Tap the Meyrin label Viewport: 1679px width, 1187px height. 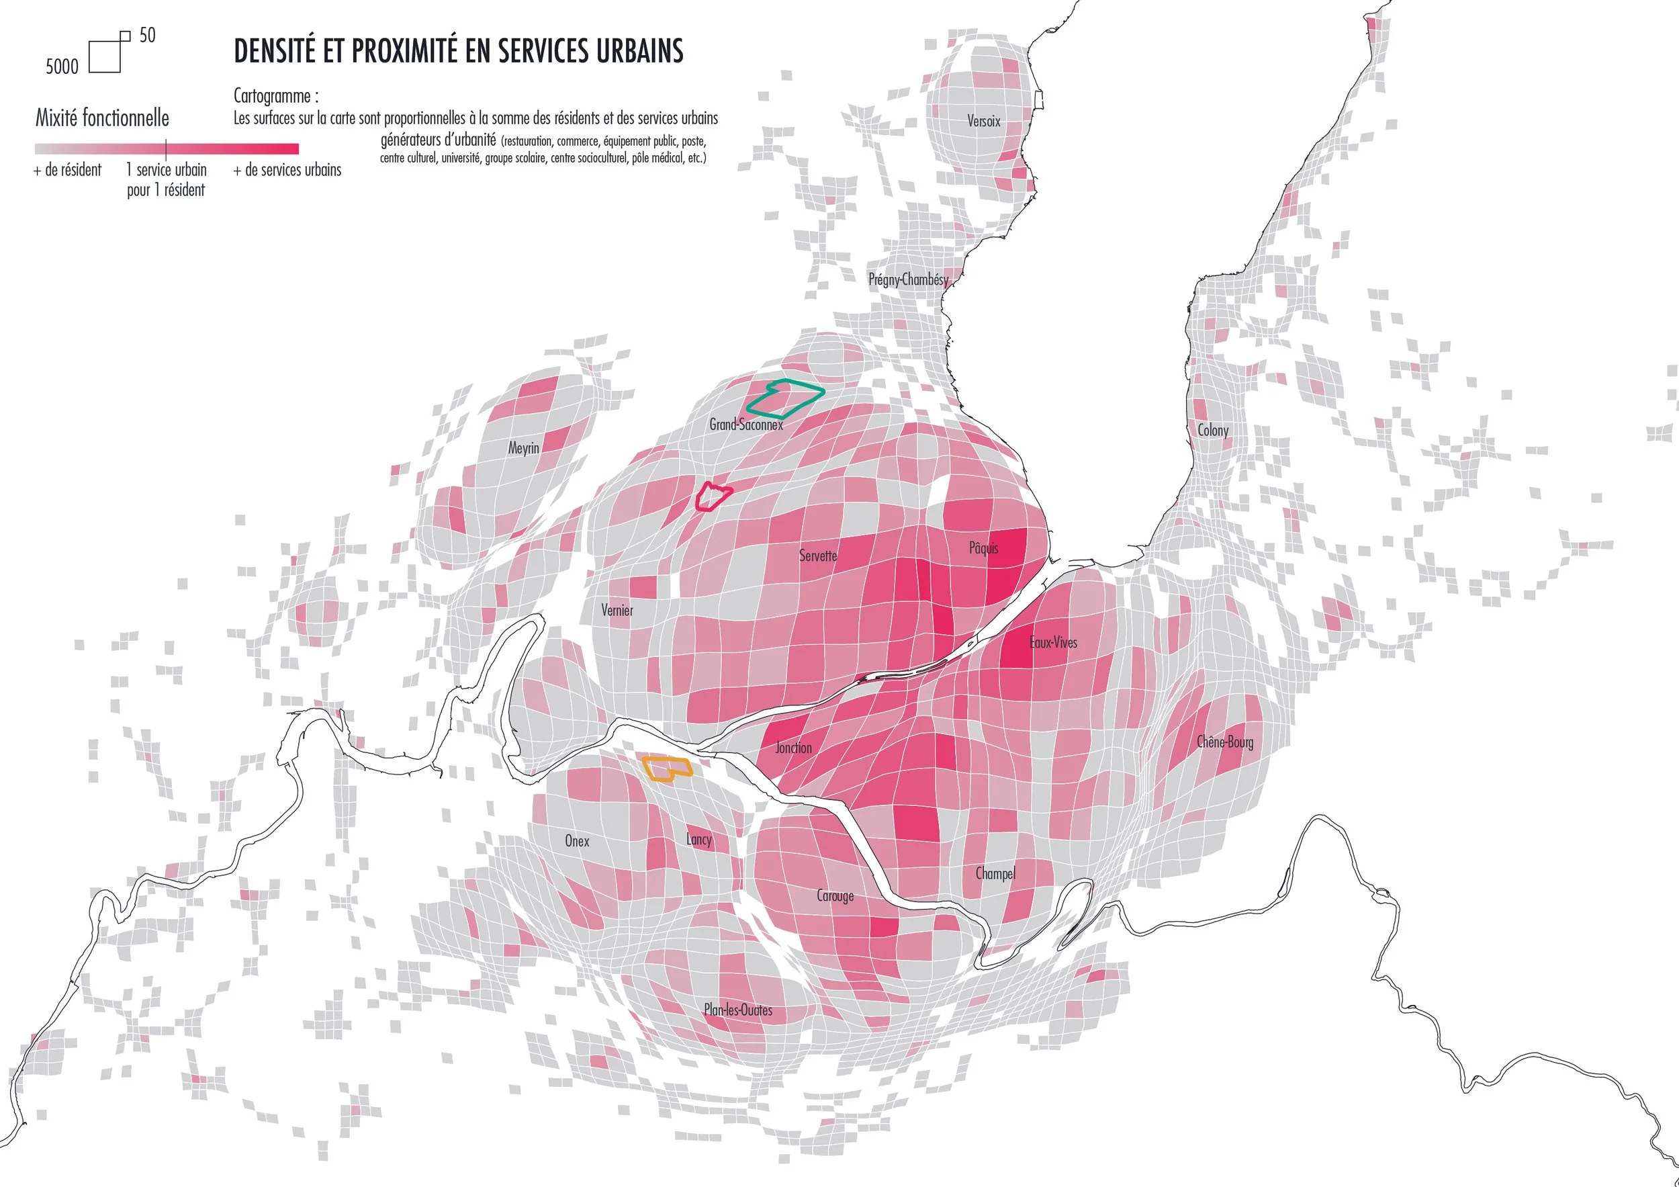point(524,447)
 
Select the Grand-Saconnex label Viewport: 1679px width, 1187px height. point(746,424)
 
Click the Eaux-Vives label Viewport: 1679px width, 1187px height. point(1053,642)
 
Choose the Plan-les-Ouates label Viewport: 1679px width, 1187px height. point(738,1010)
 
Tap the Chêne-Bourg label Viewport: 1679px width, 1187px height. point(1225,742)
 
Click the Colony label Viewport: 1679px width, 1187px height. point(1212,430)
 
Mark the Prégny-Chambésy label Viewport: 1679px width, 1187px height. point(908,279)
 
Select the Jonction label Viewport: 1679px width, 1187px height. point(793,748)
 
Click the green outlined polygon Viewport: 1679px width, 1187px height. point(784,396)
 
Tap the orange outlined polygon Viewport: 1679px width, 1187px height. point(666,768)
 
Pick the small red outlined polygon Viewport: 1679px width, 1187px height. point(711,496)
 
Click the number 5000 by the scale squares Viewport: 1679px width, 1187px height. point(62,67)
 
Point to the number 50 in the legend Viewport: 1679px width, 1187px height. point(147,35)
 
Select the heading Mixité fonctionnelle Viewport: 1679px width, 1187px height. point(102,118)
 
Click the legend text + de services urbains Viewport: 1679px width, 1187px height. point(287,170)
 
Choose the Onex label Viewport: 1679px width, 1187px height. point(576,841)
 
